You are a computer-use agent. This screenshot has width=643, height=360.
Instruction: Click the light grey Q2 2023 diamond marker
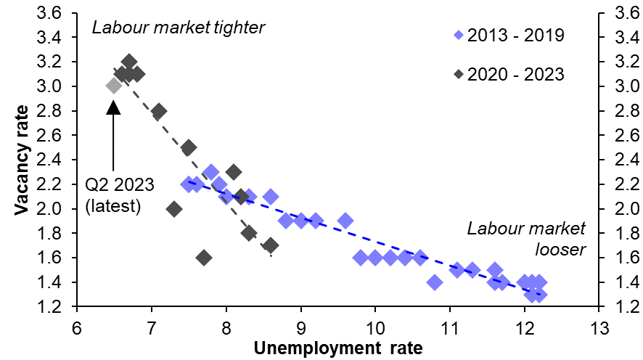pyautogui.click(x=113, y=86)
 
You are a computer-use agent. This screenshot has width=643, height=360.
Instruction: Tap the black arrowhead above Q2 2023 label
pyautogui.click(x=113, y=107)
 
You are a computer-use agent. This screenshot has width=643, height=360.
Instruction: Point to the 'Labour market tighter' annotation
pyautogui.click(x=179, y=28)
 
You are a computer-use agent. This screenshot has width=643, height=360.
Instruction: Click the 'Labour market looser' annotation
pyautogui.click(x=526, y=240)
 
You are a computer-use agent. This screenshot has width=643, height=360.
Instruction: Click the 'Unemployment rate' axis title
pyautogui.click(x=337, y=348)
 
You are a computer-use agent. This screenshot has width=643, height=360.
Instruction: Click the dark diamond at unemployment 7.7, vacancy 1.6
pyautogui.click(x=204, y=258)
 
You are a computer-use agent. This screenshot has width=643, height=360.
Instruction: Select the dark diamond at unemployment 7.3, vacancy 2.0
pyautogui.click(x=174, y=208)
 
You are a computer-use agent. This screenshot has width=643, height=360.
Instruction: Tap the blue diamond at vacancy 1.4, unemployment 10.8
pyautogui.click(x=435, y=282)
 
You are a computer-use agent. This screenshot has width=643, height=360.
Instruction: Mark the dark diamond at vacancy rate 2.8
pyautogui.click(x=159, y=111)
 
